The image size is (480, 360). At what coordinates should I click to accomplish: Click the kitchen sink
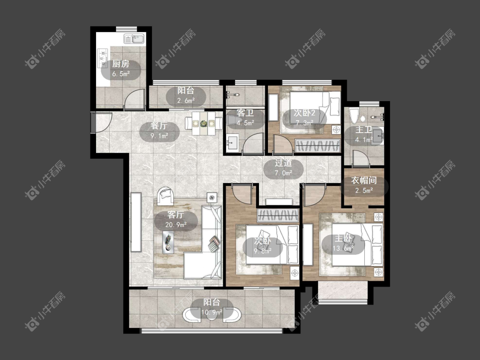point(134,39)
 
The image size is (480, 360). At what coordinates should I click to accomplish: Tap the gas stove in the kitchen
point(103,58)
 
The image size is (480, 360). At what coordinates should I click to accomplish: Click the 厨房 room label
point(121,64)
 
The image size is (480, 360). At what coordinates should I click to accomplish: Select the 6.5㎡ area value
point(121,74)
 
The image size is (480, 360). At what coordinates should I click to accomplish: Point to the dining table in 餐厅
point(204,124)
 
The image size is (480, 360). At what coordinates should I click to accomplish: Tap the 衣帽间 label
point(364,180)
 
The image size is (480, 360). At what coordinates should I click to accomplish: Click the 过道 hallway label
point(283,163)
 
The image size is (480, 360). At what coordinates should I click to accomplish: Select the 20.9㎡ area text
point(176,225)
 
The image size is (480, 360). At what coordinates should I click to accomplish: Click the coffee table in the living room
point(168,242)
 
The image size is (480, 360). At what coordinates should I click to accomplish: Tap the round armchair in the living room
point(166,196)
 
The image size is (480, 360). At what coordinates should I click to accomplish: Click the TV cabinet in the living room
point(136,222)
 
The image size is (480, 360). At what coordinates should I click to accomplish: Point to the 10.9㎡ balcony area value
point(212,312)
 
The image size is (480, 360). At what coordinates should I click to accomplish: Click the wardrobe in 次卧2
point(317,145)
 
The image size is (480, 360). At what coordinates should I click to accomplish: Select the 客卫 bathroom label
point(245,113)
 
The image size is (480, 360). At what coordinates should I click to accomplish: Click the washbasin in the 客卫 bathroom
point(233,142)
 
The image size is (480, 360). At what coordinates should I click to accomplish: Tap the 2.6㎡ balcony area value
point(186,100)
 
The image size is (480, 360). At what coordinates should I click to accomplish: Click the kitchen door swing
point(134,99)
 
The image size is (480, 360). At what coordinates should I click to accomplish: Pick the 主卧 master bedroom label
point(343,238)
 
